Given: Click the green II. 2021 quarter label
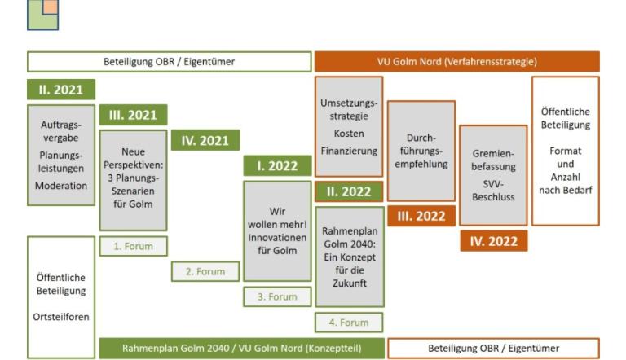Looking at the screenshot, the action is (x=61, y=90).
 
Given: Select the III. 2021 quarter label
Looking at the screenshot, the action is (x=133, y=115).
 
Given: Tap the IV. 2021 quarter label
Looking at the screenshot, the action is (x=205, y=140).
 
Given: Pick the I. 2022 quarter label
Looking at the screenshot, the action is (x=277, y=165).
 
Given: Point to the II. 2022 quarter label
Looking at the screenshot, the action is (x=349, y=191).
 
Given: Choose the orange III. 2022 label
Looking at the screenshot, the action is (x=421, y=217).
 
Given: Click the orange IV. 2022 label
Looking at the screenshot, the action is (x=493, y=241).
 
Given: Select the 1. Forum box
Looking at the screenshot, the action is (x=134, y=246).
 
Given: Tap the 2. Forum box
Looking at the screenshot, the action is (x=205, y=271).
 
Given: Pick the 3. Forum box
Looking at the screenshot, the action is (x=277, y=297).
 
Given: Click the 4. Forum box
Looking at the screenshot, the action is (x=349, y=323).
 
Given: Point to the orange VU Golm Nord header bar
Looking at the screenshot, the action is (x=457, y=61).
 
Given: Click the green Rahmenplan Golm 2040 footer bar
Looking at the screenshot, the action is (x=241, y=348).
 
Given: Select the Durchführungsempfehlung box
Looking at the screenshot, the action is (x=421, y=151).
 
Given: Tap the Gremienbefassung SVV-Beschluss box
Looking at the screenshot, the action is (x=493, y=175).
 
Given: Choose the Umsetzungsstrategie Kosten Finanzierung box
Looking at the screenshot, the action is (x=349, y=127).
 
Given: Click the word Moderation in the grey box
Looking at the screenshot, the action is (x=61, y=186).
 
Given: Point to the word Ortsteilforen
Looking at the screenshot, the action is (x=61, y=317).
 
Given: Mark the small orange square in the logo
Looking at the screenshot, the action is (x=51, y=7).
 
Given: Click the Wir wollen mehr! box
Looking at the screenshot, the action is (x=277, y=231).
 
